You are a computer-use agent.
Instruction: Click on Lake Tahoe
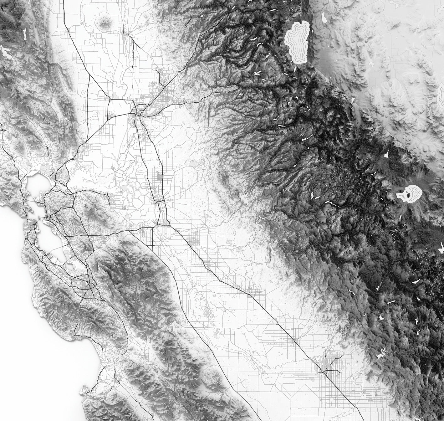pyautogui.click(x=297, y=40)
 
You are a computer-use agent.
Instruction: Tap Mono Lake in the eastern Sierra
pyautogui.click(x=410, y=194)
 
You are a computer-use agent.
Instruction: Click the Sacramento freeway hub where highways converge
pyautogui.click(x=136, y=111)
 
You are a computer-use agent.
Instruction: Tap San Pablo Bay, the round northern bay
pyautogui.click(x=36, y=182)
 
